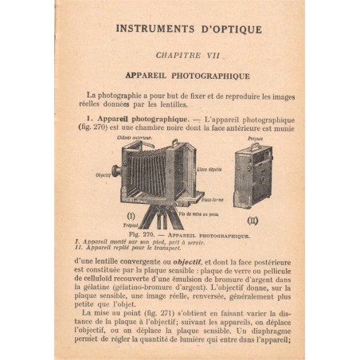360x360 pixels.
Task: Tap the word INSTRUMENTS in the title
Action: click(x=150, y=29)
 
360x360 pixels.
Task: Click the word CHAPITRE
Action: click(x=174, y=58)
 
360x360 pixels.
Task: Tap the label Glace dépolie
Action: click(x=208, y=169)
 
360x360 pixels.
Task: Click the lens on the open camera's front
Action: click(x=118, y=171)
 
